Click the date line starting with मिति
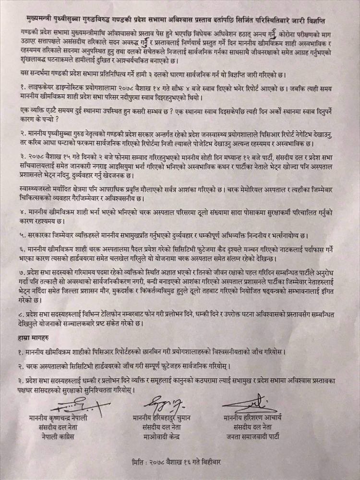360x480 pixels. (x=180, y=464)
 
